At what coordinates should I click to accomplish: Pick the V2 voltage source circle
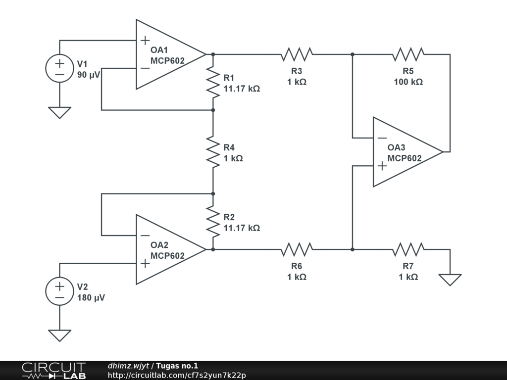tap(59, 291)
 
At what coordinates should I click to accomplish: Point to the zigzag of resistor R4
tap(213, 152)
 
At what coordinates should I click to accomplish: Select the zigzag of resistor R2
tap(213, 222)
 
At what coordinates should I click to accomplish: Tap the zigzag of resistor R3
tap(297, 54)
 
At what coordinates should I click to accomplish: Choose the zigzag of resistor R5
tap(408, 54)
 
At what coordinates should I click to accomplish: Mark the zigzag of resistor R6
tap(297, 249)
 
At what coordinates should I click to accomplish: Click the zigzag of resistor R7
tap(408, 249)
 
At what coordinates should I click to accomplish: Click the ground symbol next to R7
tap(450, 280)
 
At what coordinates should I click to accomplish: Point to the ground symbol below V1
tap(59, 113)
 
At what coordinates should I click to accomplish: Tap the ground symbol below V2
tap(59, 335)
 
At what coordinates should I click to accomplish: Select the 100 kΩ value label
tap(408, 82)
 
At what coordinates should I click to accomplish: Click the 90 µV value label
tap(89, 75)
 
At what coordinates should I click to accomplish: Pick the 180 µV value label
tap(91, 297)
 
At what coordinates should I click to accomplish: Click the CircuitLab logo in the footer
tap(53, 371)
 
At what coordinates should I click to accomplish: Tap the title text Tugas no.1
tap(177, 366)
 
